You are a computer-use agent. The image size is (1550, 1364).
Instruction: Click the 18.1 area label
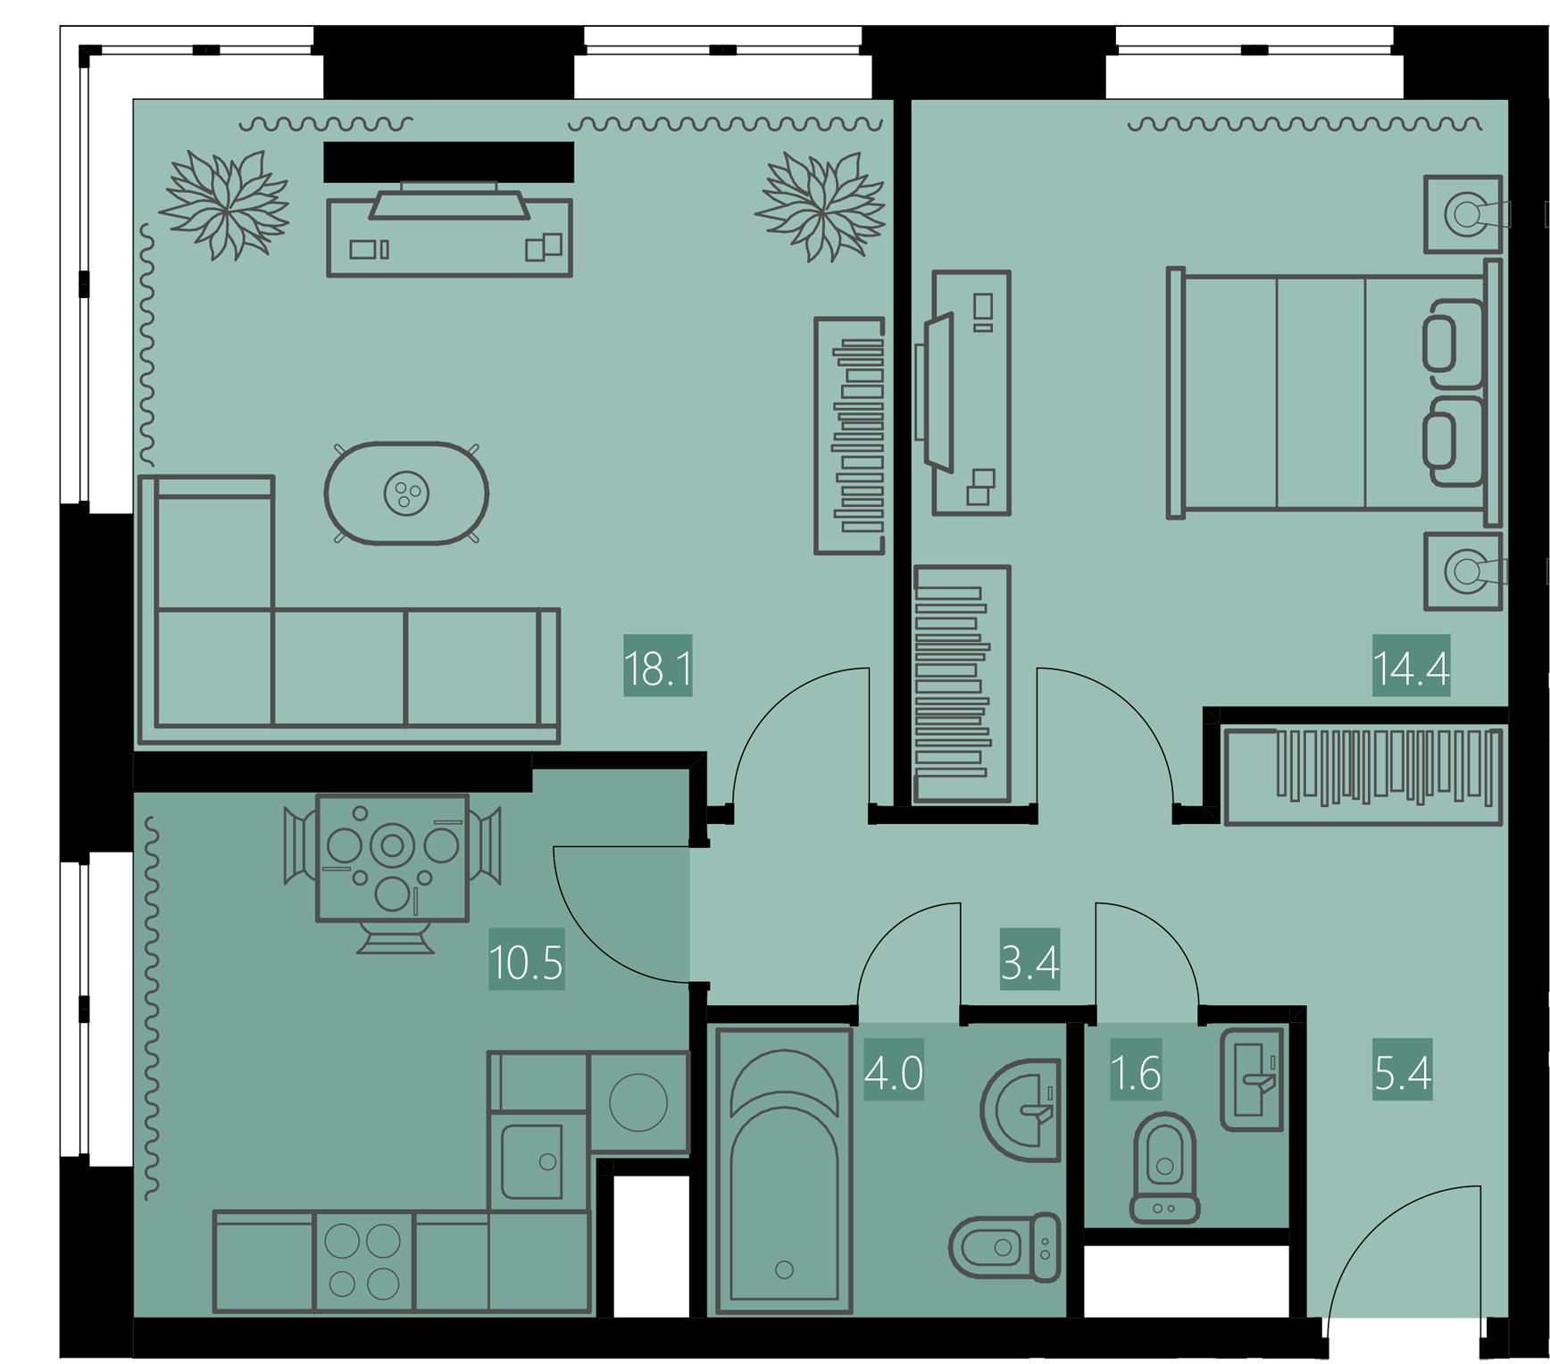point(658,666)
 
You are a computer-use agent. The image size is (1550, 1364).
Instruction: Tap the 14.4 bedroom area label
point(1411,666)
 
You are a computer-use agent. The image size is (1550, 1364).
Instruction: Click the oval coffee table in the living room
point(406,493)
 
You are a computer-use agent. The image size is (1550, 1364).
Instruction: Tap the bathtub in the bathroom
point(784,1170)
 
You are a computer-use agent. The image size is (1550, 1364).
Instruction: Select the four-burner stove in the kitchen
point(363,1261)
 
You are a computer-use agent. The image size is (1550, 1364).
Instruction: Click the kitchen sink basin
point(532,1160)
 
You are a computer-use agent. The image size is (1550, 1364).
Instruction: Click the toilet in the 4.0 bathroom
point(1005,1246)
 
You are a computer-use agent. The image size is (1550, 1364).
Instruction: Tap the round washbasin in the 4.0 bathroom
point(1021,1110)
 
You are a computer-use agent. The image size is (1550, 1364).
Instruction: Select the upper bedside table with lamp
point(1463,214)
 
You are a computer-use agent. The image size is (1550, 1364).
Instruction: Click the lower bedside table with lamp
point(1463,571)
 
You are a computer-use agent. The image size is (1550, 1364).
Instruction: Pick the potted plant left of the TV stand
point(225,205)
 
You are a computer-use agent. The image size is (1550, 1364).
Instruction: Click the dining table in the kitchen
point(392,857)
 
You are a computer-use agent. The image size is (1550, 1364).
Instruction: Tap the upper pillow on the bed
point(1453,344)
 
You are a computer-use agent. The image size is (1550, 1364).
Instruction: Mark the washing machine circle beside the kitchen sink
point(638,1102)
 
